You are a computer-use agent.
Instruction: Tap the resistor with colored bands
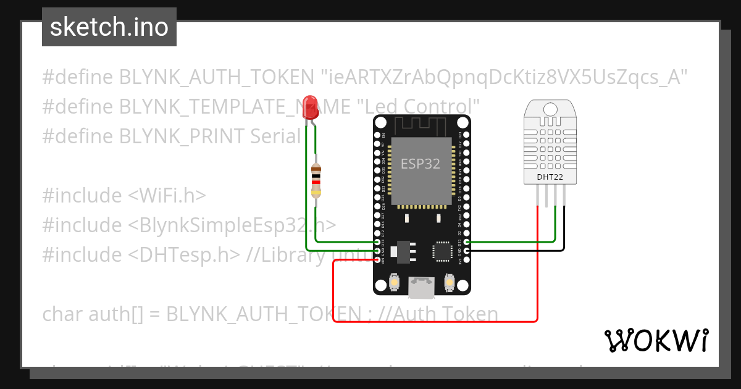(316, 180)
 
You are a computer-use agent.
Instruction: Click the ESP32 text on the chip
(421, 164)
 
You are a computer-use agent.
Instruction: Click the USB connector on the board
(422, 285)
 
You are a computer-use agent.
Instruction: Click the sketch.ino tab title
(109, 27)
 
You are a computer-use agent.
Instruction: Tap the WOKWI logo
(656, 340)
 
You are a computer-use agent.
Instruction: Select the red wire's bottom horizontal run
(432, 321)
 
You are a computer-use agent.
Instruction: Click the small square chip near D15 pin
(443, 251)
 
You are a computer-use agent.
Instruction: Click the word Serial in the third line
(275, 136)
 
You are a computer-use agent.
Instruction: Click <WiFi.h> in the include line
(166, 195)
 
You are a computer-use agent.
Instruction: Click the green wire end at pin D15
(467, 243)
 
